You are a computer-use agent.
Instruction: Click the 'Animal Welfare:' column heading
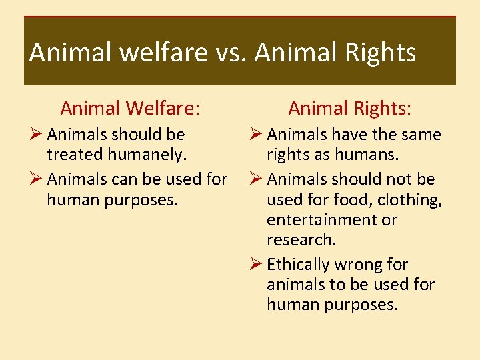click(130, 108)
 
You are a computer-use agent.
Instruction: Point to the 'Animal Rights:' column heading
click(349, 108)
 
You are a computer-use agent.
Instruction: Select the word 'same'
click(421, 135)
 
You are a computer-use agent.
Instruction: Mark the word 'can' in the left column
click(122, 179)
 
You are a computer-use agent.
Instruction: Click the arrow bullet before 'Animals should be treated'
click(37, 135)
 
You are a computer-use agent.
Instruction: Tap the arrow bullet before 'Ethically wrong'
click(257, 265)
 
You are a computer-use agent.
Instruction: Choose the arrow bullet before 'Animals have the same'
click(257, 135)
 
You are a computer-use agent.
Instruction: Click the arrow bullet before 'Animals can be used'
click(37, 179)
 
